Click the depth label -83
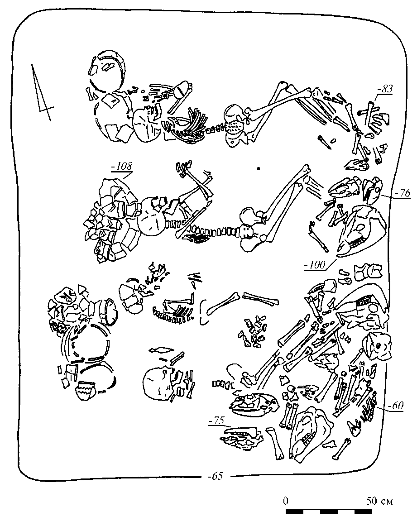click(384, 90)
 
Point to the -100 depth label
click(315, 265)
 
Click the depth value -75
click(217, 421)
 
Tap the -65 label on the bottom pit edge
click(216, 476)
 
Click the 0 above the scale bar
click(286, 501)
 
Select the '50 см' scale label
click(380, 501)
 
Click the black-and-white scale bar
click(329, 512)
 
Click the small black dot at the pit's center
click(258, 169)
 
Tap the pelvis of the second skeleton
click(250, 226)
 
